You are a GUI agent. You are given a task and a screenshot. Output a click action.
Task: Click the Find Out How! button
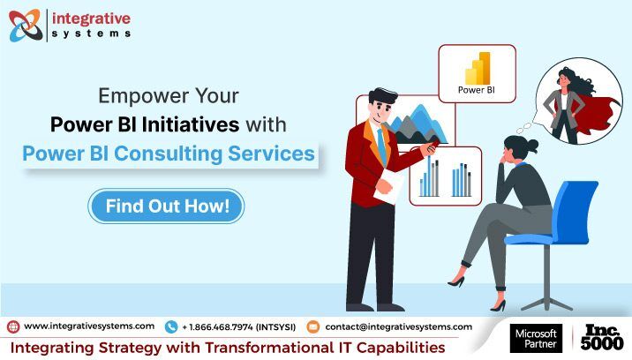pos(166,206)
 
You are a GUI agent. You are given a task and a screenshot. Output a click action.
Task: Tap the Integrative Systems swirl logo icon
pos(26,26)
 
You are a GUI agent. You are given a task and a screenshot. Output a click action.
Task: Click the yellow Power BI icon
pos(478,68)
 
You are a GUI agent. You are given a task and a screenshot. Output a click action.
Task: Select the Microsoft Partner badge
pos(536,339)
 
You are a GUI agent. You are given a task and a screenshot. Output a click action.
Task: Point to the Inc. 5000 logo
pos(602,337)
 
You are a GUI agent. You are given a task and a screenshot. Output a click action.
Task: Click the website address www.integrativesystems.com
pos(89,326)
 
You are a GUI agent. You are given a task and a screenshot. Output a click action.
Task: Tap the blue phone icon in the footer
pos(171,327)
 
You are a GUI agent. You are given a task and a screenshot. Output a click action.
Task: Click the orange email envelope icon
pos(312,326)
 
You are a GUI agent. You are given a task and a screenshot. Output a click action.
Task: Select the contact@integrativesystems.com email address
pos(399,326)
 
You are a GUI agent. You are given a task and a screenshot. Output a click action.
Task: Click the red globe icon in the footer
pos(13,326)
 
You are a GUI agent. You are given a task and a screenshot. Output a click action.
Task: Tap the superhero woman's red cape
pos(592,115)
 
